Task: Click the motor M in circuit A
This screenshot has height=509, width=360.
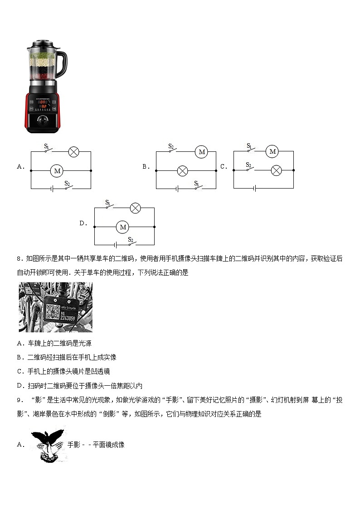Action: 57,171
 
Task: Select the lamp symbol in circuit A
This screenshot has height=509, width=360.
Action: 73,152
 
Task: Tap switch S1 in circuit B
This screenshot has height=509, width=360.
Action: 197,187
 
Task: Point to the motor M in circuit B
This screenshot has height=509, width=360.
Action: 202,152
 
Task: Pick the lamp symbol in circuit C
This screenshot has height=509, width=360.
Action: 276,170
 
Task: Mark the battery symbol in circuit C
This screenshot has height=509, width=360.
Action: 255,188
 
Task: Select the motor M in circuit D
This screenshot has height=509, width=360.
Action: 122,227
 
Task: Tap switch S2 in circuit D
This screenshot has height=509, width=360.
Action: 131,243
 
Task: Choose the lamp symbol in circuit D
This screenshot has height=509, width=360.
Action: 135,208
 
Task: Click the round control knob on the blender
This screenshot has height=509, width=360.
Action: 43,121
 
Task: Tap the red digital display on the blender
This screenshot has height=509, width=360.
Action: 43,104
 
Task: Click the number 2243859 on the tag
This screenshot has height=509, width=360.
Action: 67,317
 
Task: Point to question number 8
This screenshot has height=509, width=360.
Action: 19,259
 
